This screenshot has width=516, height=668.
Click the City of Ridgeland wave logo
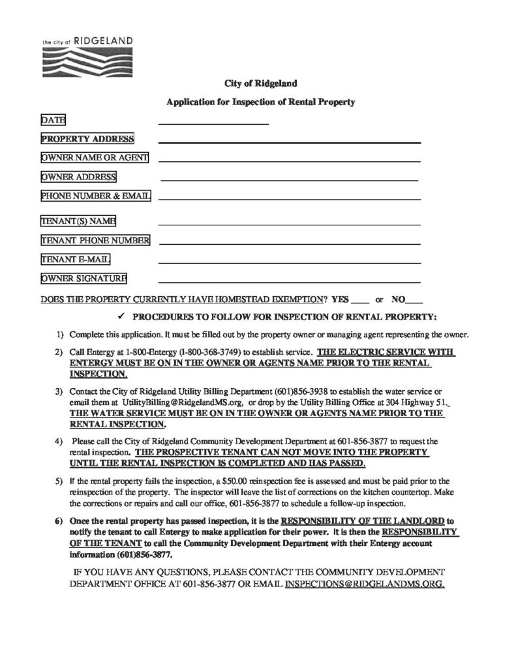[87, 61]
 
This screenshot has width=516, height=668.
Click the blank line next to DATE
[213, 122]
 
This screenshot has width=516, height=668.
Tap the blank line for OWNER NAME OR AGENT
[289, 159]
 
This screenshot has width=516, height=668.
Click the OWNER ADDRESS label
[78, 177]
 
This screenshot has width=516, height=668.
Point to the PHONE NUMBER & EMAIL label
[95, 196]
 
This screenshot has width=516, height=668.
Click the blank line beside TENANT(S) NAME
[289, 223]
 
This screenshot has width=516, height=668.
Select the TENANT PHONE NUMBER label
[95, 241]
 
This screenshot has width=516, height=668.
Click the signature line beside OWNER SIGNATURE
[289, 281]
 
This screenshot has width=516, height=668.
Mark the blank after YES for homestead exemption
[359, 303]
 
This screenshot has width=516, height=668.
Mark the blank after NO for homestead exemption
[415, 303]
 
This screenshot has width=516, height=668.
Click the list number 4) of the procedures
[59, 441]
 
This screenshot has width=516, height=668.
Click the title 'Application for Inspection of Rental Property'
[260, 102]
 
